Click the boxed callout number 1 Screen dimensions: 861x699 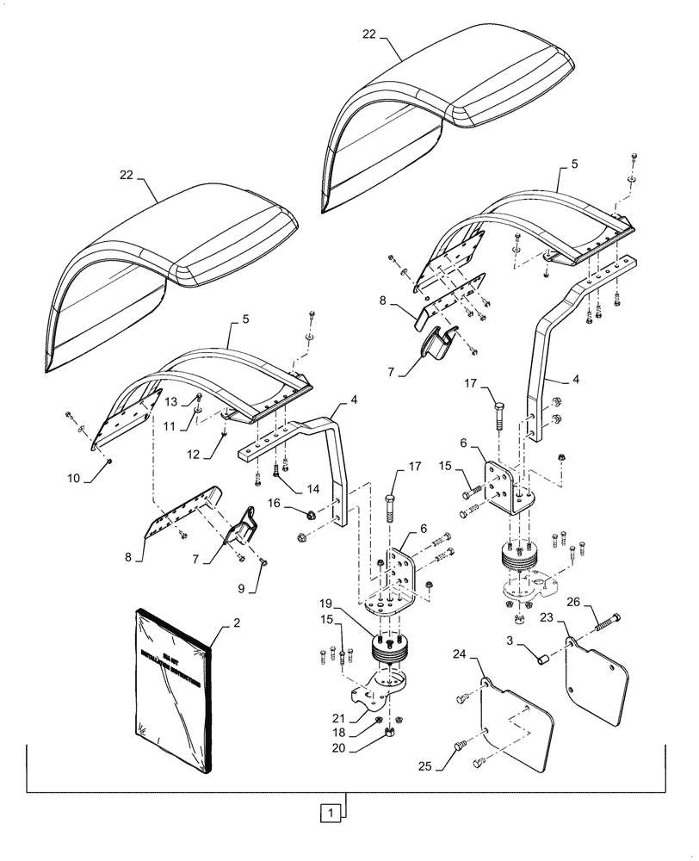328,810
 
